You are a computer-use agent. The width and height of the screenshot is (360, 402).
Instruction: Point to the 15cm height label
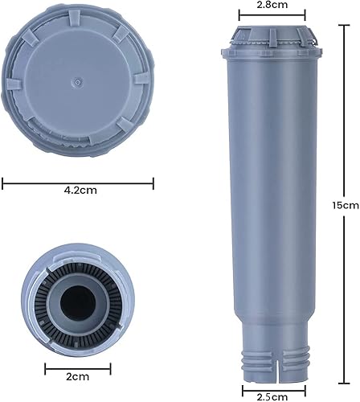349,205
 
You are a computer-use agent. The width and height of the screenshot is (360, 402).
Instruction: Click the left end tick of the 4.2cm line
4,183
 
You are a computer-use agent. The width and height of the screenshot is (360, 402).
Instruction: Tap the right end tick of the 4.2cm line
153,183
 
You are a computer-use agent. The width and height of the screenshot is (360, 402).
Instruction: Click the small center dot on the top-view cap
76,80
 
